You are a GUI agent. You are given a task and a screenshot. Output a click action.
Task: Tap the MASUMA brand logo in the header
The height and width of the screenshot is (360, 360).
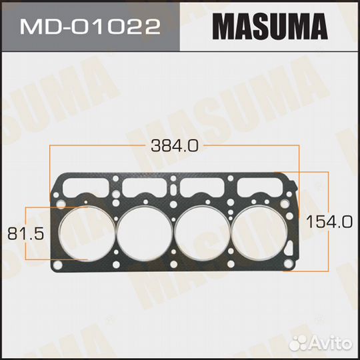[x=270, y=27]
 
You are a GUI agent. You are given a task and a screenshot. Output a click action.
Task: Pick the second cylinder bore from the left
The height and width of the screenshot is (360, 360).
[x=144, y=233]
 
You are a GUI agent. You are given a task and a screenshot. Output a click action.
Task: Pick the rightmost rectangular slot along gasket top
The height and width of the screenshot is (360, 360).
[x=263, y=181]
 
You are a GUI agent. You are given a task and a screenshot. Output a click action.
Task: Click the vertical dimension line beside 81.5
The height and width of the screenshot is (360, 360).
[x=25, y=233]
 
